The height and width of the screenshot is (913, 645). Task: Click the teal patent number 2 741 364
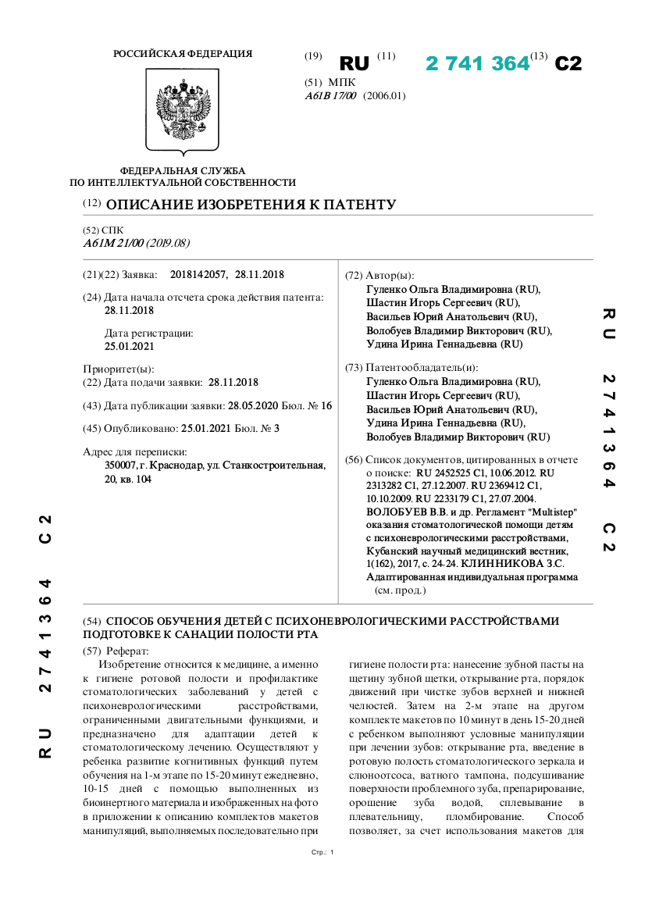click(477, 64)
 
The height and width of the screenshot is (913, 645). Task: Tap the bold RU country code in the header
click(355, 64)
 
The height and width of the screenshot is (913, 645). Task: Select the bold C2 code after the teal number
click(568, 64)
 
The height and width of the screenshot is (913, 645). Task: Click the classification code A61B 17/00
click(330, 96)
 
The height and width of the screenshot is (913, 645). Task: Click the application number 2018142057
click(198, 275)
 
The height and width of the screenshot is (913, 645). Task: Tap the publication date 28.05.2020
click(251, 406)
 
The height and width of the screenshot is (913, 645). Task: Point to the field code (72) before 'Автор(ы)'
click(354, 276)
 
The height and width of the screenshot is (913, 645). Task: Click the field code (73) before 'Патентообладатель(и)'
click(354, 368)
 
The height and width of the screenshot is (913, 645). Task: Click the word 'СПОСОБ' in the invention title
click(134, 621)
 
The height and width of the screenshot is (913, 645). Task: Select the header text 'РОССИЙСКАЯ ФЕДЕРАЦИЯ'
click(183, 54)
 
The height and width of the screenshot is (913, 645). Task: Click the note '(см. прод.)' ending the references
click(401, 590)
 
